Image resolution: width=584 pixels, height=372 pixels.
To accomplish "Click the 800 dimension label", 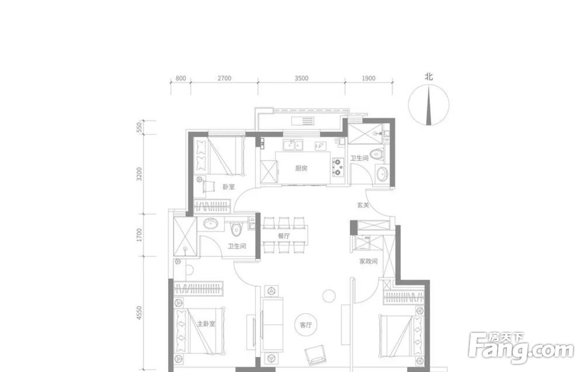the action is pyautogui.click(x=180, y=78).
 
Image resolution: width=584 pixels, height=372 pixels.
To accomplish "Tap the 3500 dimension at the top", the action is pyautogui.click(x=301, y=78).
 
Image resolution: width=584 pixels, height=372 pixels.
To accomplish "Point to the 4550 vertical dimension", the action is pyautogui.click(x=140, y=313).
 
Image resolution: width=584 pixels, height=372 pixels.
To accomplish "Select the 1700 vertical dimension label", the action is pyautogui.click(x=140, y=235).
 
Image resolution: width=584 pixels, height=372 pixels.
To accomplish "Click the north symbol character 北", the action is pyautogui.click(x=429, y=77).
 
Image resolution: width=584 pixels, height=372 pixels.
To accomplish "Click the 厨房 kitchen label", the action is pyautogui.click(x=301, y=168).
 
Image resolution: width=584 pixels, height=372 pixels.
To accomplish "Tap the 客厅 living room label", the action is pyautogui.click(x=305, y=325).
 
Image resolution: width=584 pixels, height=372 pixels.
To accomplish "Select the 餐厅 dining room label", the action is pyautogui.click(x=284, y=236).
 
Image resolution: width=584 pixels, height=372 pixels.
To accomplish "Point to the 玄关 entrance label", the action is pyautogui.click(x=363, y=205).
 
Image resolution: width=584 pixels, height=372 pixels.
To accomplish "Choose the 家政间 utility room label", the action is pyautogui.click(x=369, y=262).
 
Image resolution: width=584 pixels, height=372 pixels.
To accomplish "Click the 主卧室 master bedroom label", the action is pyautogui.click(x=206, y=324).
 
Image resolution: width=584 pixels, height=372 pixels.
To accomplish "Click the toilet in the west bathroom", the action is pyautogui.click(x=236, y=230).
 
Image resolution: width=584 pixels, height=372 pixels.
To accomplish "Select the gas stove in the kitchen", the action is pyautogui.click(x=338, y=167).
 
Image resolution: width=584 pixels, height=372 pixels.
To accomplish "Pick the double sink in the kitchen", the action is pyautogui.click(x=294, y=145).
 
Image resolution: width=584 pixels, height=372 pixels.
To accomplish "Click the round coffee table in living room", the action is pyautogui.click(x=329, y=296).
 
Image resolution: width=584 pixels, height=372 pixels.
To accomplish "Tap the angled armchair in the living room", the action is pyautogui.click(x=315, y=355).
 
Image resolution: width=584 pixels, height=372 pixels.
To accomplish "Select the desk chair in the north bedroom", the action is pyautogui.click(x=208, y=185).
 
